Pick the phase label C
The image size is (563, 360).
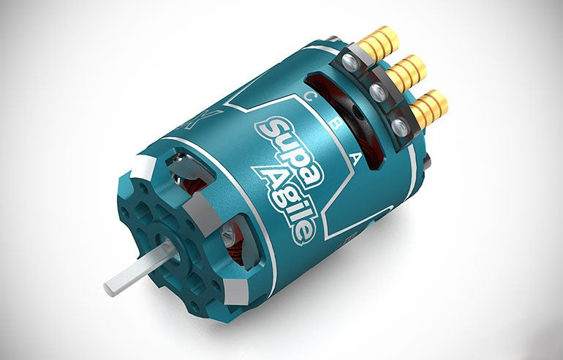pyautogui.click(x=311, y=97)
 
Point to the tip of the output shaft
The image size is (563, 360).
pyautogui.click(x=110, y=287)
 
